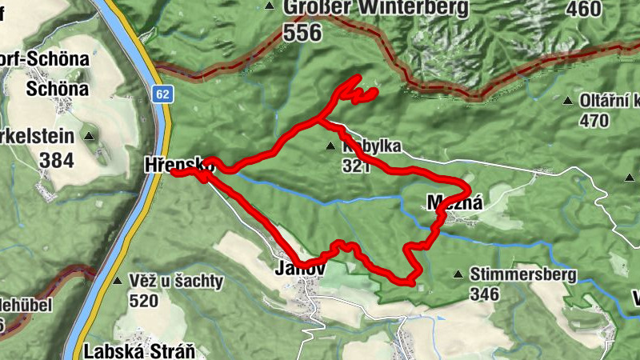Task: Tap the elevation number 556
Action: [302, 33]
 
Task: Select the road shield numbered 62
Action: [162, 94]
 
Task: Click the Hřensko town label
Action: [178, 164]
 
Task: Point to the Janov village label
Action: [299, 269]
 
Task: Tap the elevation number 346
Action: [485, 294]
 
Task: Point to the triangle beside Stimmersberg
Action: [458, 274]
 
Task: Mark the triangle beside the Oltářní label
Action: [567, 102]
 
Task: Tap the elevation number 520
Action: [144, 300]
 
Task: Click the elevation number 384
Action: [56, 161]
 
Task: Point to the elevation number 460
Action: [582, 9]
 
